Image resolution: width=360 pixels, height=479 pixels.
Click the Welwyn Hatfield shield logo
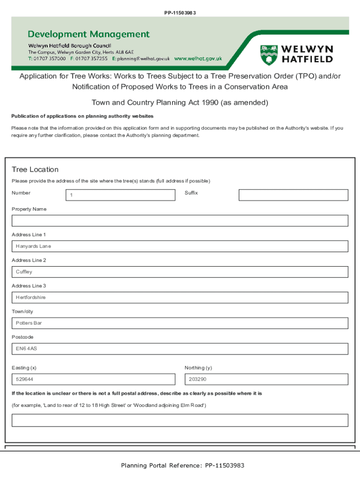pyautogui.click(x=268, y=55)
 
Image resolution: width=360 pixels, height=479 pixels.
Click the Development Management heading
pyautogui.click(x=89, y=34)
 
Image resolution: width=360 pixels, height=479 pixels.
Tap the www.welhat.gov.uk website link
pyautogui.click(x=198, y=59)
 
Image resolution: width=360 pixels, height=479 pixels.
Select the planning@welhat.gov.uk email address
pyautogui.click(x=144, y=59)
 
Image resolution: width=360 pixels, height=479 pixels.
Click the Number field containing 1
pyautogui.click(x=120, y=195)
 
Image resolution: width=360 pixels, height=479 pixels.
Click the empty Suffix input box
pyautogui.click(x=293, y=195)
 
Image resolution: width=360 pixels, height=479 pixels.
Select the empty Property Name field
pyautogui.click(x=180, y=221)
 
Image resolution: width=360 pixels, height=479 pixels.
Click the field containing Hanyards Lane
pyautogui.click(x=180, y=247)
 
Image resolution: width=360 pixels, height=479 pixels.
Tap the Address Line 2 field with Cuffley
pyautogui.click(x=180, y=272)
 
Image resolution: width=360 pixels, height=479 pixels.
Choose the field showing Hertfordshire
pyautogui.click(x=180, y=298)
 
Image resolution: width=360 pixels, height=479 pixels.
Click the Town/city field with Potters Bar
pyautogui.click(x=180, y=323)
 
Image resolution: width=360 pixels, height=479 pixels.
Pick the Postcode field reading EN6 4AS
pyautogui.click(x=180, y=349)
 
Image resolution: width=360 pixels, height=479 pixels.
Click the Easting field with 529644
pyautogui.click(x=94, y=379)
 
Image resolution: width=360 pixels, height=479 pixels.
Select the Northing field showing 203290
pyautogui.click(x=266, y=379)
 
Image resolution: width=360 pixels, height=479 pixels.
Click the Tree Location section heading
pyautogui.click(x=35, y=169)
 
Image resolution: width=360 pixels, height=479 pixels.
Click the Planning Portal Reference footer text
pyautogui.click(x=182, y=465)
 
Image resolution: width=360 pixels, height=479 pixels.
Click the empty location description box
pyautogui.click(x=180, y=420)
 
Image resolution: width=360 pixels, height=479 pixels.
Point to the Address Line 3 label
pyautogui.click(x=29, y=286)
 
